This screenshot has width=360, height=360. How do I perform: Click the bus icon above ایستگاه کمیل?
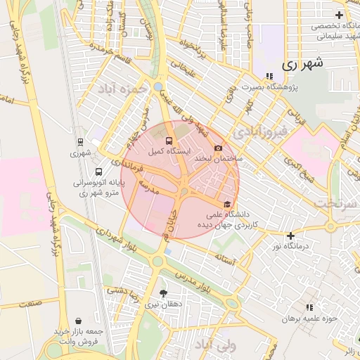(167, 141)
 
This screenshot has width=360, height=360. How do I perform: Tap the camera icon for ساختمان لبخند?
(218, 148)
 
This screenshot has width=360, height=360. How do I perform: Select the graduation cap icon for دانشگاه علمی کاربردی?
(226, 203)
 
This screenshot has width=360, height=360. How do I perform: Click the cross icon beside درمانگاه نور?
(290, 236)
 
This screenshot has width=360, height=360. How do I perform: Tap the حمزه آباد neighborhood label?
(136, 89)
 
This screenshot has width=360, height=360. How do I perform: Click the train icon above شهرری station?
(79, 141)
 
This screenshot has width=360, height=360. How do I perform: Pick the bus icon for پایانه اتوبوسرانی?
(98, 172)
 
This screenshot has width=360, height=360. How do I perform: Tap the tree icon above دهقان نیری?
(164, 293)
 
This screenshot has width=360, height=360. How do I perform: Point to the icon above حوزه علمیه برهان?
(309, 307)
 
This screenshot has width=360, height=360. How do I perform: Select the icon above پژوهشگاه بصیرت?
(269, 76)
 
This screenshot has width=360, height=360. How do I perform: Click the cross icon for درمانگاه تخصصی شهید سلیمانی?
(340, 15)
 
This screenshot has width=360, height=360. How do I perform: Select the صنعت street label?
(30, 303)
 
